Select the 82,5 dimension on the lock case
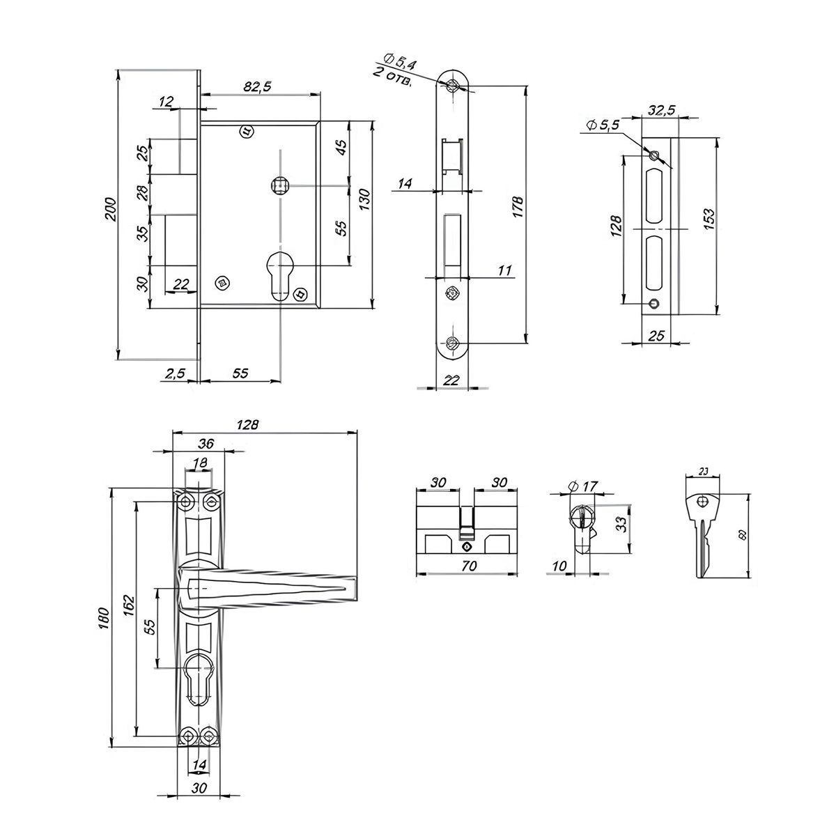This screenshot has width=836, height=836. [x=258, y=86]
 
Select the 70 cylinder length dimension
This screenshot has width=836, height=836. [x=468, y=566]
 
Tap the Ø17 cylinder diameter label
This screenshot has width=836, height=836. [x=585, y=486]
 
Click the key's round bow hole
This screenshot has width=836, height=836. [x=704, y=501]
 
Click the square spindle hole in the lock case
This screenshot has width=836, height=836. [x=279, y=185]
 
